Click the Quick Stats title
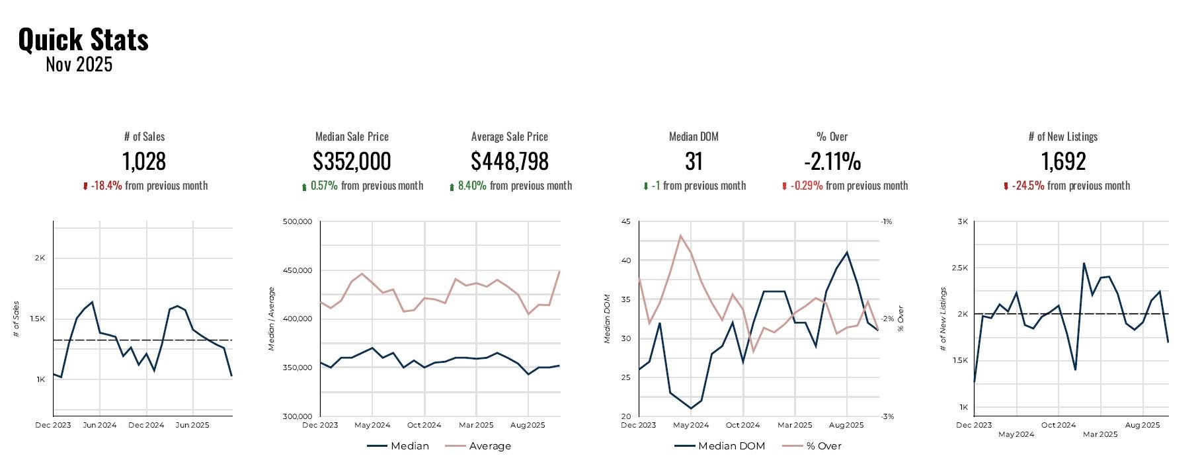(83, 40)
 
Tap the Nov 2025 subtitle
(79, 65)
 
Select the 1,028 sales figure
(144, 161)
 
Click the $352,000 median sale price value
(352, 161)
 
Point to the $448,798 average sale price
(510, 161)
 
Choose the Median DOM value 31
(694, 161)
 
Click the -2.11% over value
(832, 161)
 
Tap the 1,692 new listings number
(1063, 161)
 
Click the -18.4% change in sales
(106, 186)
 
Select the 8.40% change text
(472, 186)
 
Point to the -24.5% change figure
(1028, 186)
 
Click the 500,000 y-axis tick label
(297, 222)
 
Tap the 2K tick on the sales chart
(40, 258)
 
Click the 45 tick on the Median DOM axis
(625, 222)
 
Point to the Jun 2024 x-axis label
(100, 425)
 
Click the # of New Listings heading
(1063, 137)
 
